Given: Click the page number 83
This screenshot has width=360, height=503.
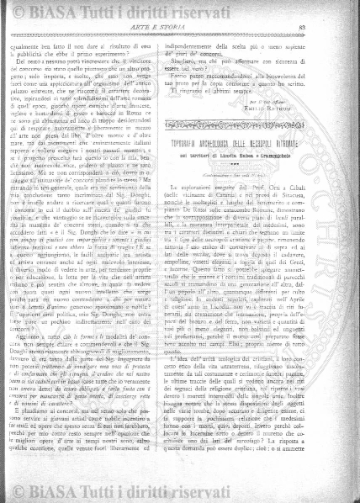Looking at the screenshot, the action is [325, 30].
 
